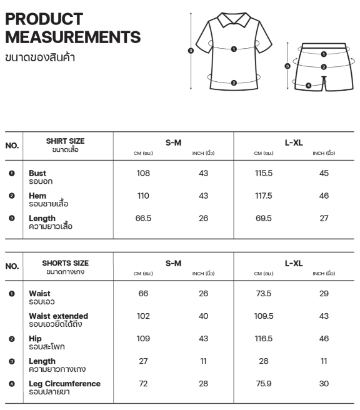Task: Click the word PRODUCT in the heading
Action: (x=44, y=19)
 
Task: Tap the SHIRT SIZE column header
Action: (x=65, y=141)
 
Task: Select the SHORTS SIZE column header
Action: (x=65, y=263)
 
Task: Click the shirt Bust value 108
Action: (x=143, y=173)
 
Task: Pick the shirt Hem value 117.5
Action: (x=264, y=196)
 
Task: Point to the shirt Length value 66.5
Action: (x=143, y=218)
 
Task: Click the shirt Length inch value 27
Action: (x=324, y=218)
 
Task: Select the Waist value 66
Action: (x=143, y=293)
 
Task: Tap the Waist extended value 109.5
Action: (x=264, y=316)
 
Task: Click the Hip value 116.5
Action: (x=264, y=338)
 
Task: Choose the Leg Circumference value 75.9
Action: (x=264, y=383)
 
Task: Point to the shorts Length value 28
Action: (x=264, y=361)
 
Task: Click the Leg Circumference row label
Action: (x=64, y=383)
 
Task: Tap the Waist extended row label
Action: (x=58, y=316)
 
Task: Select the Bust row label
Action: (x=37, y=173)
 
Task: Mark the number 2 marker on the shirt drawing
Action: (x=233, y=82)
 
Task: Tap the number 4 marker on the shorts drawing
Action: (x=308, y=85)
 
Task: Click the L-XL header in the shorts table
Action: (x=294, y=263)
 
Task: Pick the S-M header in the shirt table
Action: (x=173, y=142)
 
